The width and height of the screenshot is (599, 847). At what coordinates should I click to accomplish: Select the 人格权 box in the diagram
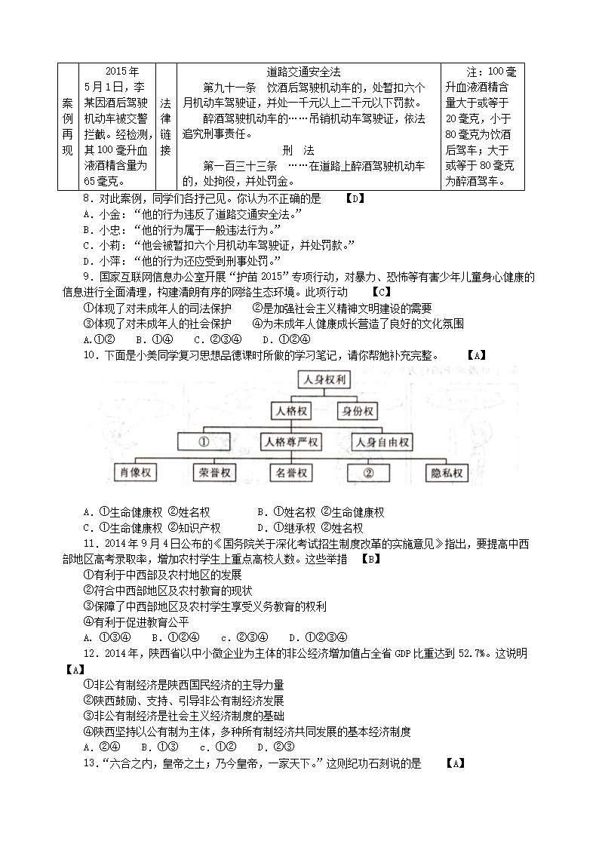(290, 411)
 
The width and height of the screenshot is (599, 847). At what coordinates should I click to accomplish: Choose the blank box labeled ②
(369, 474)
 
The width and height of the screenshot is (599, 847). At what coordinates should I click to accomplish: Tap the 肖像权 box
(136, 474)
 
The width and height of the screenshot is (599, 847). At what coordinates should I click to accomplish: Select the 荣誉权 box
(214, 474)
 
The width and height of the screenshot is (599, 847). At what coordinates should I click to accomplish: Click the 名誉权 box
(290, 474)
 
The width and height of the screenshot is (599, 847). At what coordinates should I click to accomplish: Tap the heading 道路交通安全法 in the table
(303, 72)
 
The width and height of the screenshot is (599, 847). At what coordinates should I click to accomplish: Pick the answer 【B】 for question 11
(370, 560)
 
